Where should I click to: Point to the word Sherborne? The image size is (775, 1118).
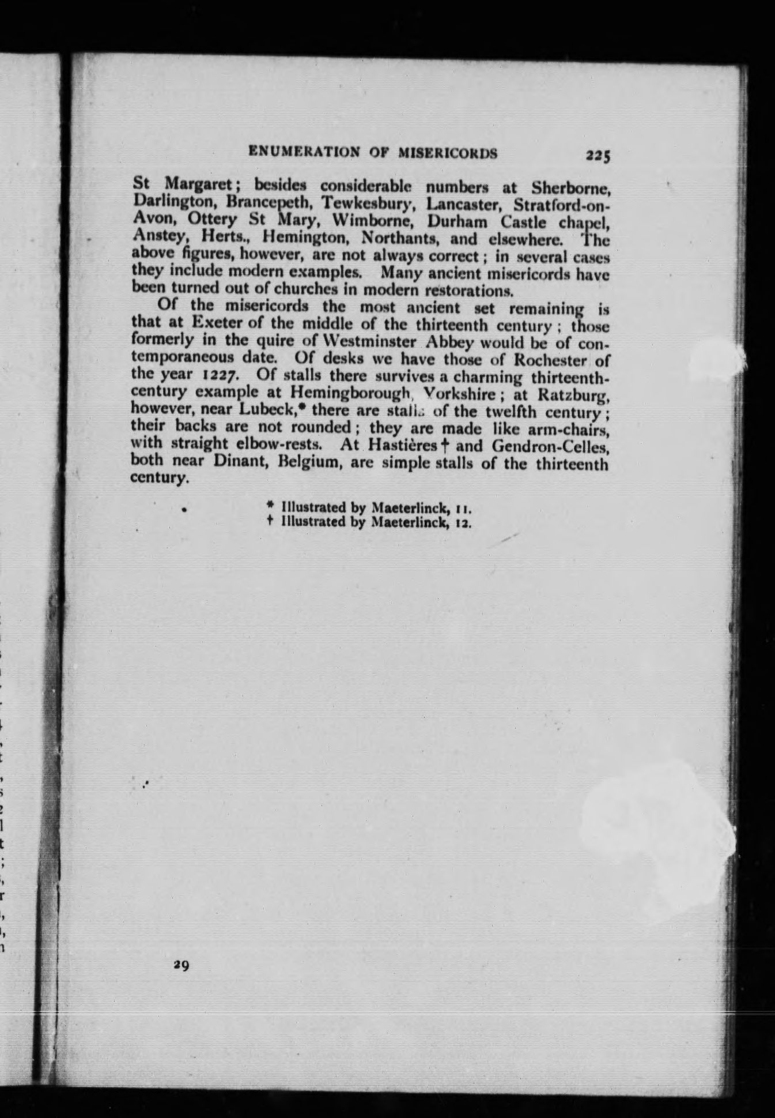click(x=570, y=188)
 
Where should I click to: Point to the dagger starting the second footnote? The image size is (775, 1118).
click(x=270, y=522)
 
